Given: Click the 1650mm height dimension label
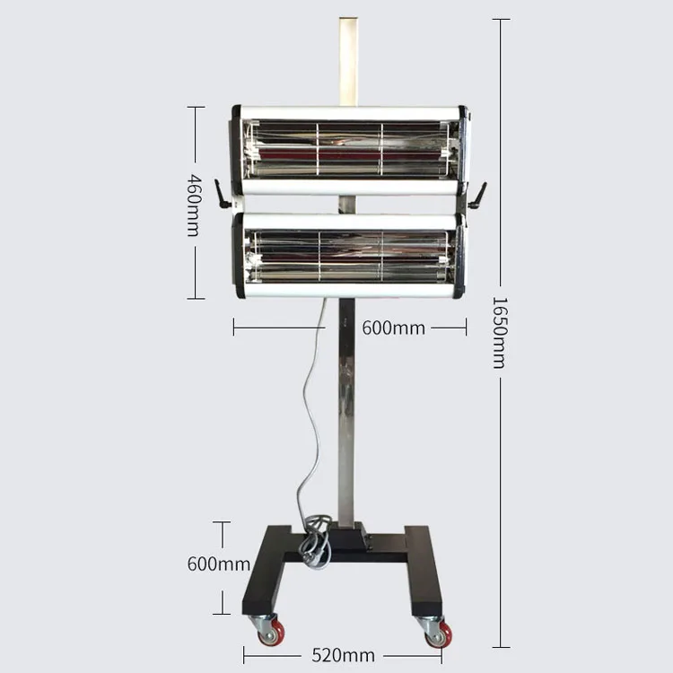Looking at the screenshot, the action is [500, 333].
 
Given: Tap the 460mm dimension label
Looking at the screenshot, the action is [195, 205].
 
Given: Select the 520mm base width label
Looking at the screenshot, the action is [343, 655].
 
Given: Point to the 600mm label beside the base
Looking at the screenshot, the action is [218, 564].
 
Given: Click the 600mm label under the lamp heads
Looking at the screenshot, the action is [393, 328].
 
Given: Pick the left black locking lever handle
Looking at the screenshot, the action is [223, 195].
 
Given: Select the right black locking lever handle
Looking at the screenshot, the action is [477, 196].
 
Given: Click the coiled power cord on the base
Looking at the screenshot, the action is [317, 543].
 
